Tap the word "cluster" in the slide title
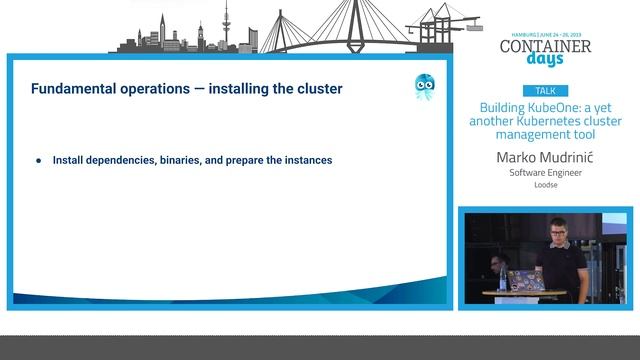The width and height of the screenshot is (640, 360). pos(319,89)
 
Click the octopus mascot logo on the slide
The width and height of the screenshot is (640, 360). pos(424,87)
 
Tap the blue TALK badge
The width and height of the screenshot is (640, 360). pos(545,90)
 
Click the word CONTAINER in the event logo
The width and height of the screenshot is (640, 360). pos(545,45)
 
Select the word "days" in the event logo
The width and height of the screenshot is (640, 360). pos(545,60)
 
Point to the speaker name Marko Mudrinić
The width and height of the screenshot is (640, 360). pos(545,158)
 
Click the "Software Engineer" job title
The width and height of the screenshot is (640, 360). pos(545,173)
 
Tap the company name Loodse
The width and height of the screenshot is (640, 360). pos(545,185)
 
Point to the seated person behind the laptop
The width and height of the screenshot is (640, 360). pos(497,266)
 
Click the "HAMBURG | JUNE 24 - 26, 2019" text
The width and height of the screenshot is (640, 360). pos(545,32)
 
